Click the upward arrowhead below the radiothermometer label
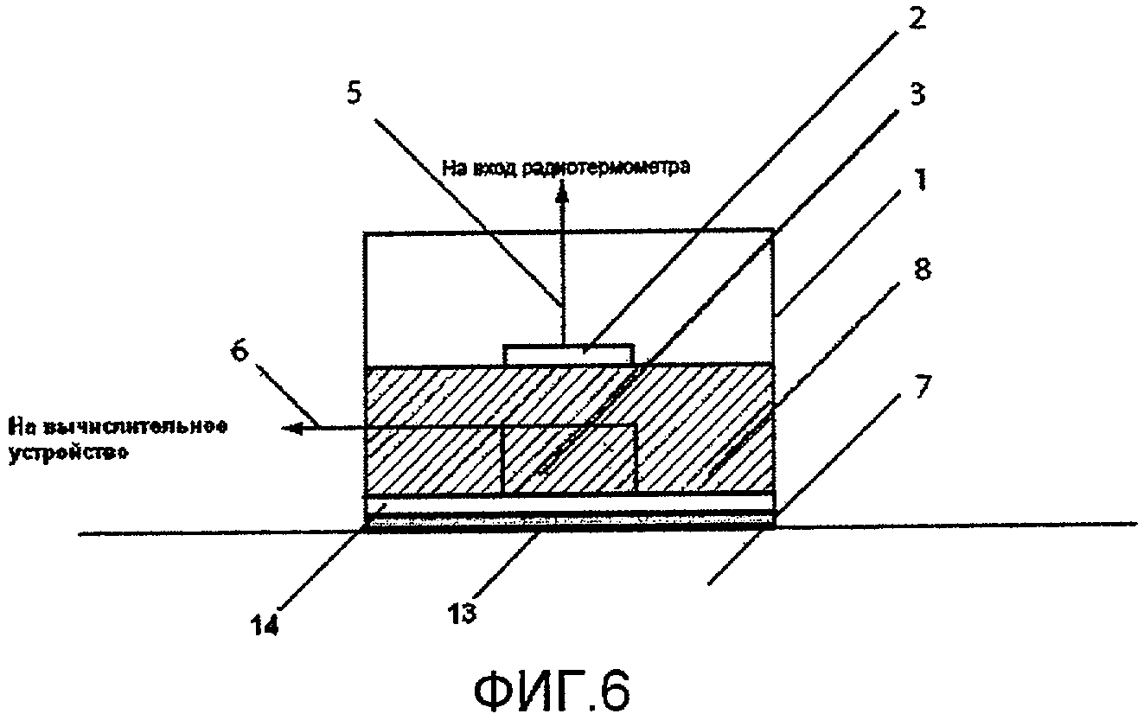[563, 196]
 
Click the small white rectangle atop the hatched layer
[568, 354]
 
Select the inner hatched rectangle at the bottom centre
[569, 460]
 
